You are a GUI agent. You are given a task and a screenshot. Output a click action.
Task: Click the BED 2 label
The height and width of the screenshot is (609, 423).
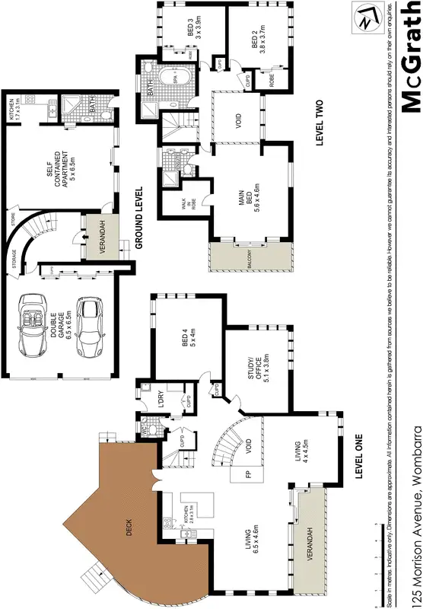[259, 36]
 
